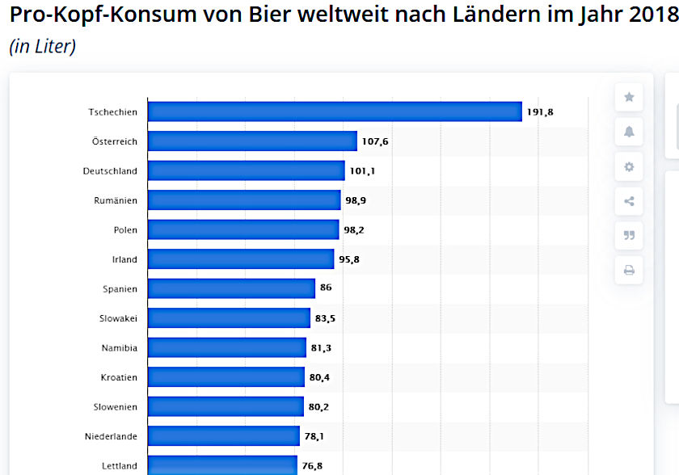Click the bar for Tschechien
click(335, 111)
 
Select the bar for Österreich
click(252, 141)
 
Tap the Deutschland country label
click(110, 171)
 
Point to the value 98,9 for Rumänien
click(356, 200)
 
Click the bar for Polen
click(243, 230)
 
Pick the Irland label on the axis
click(124, 259)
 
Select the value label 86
click(326, 288)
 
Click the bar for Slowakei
click(229, 318)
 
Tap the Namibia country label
click(119, 348)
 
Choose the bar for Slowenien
click(226, 406)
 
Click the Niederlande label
click(111, 436)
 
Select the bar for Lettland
click(222, 464)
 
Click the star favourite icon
click(629, 97)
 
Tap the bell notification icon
click(629, 132)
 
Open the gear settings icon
click(629, 167)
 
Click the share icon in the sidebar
click(629, 201)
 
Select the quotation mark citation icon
click(629, 236)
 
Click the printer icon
click(629, 271)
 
